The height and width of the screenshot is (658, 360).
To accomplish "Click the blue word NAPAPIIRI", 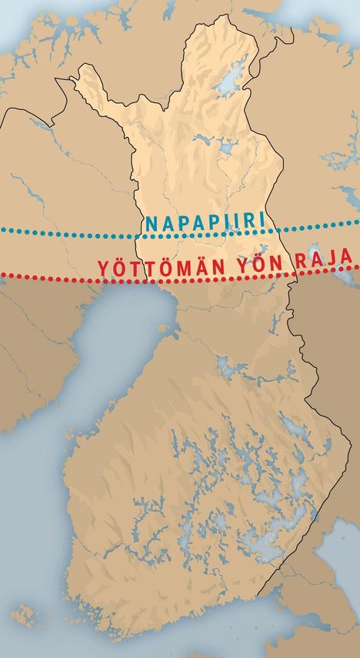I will [205, 223].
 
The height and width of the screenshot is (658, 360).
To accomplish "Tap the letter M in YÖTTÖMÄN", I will [178, 268].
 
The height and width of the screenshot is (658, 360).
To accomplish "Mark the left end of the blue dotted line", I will [2, 231].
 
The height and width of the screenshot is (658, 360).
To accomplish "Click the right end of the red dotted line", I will [358, 266].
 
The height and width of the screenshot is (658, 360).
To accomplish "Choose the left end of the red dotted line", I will [2, 276].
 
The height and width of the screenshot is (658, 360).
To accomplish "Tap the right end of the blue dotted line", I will [358, 222].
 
